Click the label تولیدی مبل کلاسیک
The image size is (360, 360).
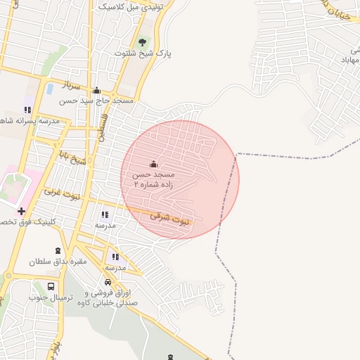click(x=133, y=6)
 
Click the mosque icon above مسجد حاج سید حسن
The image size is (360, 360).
click(x=96, y=90)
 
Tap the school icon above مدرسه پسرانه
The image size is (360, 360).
click(x=27, y=110)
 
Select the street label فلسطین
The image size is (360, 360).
click(x=103, y=127)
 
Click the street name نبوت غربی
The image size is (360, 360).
click(x=58, y=191)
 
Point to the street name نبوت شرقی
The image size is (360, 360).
click(x=169, y=219)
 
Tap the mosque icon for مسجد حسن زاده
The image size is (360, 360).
click(x=154, y=163)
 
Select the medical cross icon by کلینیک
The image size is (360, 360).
click(x=22, y=210)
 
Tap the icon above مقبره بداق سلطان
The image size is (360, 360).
click(x=58, y=250)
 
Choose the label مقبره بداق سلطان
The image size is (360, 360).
click(x=57, y=261)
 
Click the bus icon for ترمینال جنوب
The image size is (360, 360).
click(x=51, y=286)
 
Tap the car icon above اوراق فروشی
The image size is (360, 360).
click(x=108, y=282)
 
